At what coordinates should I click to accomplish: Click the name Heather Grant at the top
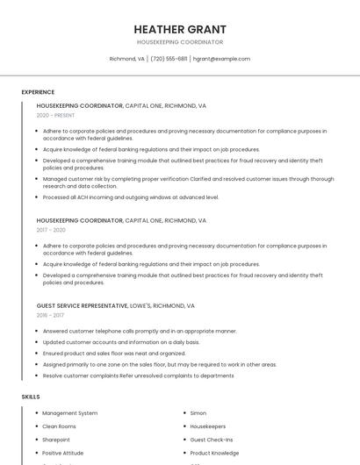(x=180, y=29)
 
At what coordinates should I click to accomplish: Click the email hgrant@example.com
(x=221, y=59)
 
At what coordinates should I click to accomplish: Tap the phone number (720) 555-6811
(x=169, y=59)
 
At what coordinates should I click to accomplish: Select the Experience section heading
(x=38, y=92)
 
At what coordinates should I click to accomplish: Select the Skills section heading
(x=31, y=397)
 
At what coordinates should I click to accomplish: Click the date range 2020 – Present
(x=55, y=115)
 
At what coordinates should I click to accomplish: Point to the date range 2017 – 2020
(x=51, y=230)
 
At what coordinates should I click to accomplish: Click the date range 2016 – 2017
(x=50, y=315)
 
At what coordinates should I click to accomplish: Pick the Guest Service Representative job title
(x=80, y=305)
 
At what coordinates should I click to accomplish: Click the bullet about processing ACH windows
(x=131, y=197)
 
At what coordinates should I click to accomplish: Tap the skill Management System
(x=70, y=412)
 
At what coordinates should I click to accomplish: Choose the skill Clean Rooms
(x=60, y=426)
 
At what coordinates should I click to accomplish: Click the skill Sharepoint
(x=56, y=440)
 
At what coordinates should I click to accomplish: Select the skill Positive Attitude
(x=63, y=453)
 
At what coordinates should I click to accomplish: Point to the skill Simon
(x=198, y=412)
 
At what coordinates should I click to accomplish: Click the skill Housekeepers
(x=208, y=426)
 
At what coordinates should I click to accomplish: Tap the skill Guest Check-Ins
(x=212, y=440)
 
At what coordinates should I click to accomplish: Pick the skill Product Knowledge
(x=215, y=453)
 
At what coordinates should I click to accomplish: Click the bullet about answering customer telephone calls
(x=140, y=331)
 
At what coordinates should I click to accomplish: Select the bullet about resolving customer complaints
(x=138, y=376)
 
